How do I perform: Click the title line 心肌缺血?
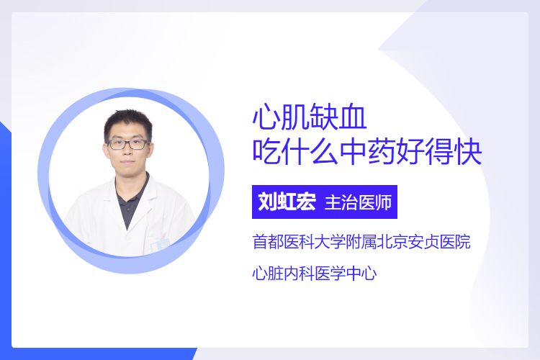310,118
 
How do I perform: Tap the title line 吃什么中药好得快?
366,152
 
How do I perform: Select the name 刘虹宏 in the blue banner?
287,202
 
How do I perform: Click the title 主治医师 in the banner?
358,202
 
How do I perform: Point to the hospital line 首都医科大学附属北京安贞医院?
361,241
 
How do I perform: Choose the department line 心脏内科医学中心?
315,274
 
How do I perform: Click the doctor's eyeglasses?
127,144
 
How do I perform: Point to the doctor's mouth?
127,162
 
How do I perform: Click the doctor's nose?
127,151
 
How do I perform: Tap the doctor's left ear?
150,148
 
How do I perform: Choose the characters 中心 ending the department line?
361,274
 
